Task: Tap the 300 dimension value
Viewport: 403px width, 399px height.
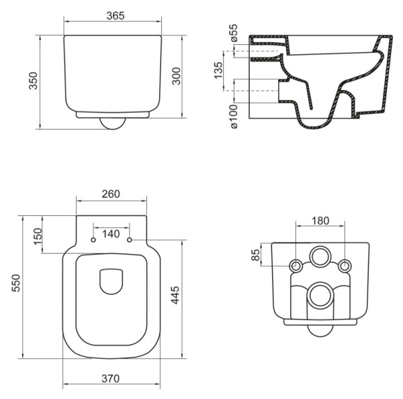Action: (176, 77)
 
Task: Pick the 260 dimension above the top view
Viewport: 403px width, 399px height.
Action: (111, 194)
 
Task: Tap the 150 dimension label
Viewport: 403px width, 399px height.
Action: (38, 235)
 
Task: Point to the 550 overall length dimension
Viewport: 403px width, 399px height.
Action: (13, 287)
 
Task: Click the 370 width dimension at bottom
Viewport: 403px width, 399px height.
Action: (111, 378)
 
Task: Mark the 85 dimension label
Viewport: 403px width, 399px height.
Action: (255, 255)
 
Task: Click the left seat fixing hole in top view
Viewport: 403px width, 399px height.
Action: (93, 240)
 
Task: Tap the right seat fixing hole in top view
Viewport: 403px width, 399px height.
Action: (130, 240)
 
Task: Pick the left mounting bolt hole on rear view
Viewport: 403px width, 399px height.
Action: (296, 266)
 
